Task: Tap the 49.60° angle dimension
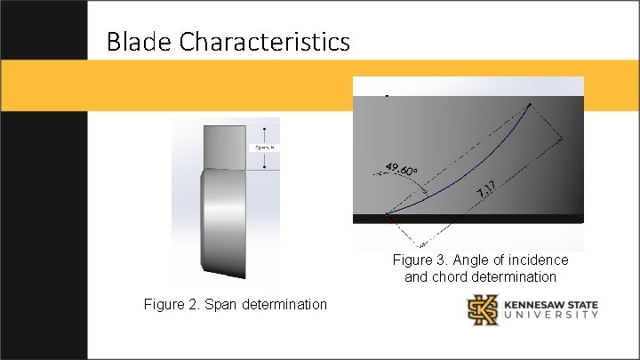(403, 170)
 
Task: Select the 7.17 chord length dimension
(485, 188)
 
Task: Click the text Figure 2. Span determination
(235, 305)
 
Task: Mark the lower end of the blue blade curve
(387, 214)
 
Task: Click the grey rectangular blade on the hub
(224, 146)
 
